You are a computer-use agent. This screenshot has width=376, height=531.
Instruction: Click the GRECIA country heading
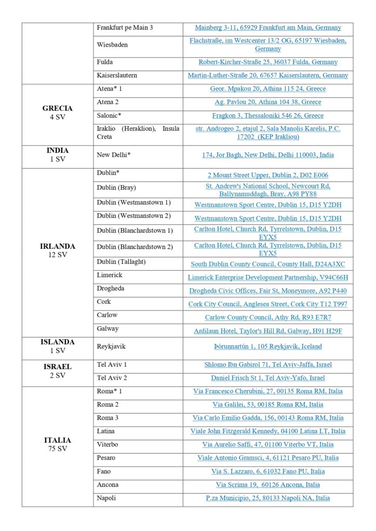(57, 108)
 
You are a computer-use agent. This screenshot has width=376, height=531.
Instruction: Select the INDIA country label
(57, 151)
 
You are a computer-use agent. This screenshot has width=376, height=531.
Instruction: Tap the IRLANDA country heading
(57, 246)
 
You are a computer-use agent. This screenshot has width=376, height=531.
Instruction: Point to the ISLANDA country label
(57, 342)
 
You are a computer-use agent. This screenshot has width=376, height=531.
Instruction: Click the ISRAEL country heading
(57, 367)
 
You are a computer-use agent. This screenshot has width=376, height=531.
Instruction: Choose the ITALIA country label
(57, 440)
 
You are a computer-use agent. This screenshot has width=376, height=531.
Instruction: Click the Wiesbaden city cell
(112, 45)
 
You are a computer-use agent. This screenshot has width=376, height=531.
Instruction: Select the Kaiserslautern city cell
(117, 75)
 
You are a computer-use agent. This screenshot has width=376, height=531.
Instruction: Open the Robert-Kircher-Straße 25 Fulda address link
(268, 62)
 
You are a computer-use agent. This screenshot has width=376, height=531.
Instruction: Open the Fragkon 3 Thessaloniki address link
(268, 116)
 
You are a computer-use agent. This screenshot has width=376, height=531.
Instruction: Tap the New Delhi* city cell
(113, 155)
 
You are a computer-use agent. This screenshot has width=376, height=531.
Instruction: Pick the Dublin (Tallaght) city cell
(121, 262)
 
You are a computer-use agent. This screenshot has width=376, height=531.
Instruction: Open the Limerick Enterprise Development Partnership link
(268, 277)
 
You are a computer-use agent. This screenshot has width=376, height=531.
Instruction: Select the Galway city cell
(108, 329)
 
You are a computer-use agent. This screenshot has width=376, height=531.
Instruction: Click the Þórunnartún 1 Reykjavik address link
(268, 346)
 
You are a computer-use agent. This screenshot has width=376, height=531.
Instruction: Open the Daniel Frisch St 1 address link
(268, 378)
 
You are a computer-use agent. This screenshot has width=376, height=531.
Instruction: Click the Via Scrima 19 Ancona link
(268, 485)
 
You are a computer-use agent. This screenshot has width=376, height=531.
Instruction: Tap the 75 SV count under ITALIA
(57, 449)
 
